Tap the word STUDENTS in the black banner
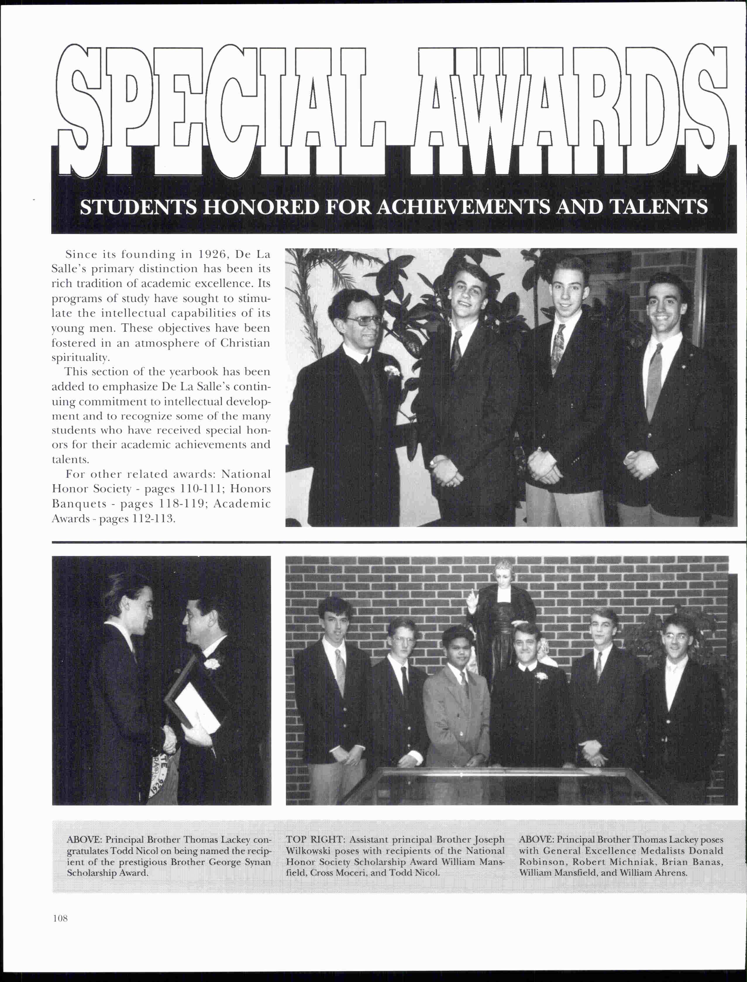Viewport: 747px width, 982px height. [137, 207]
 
